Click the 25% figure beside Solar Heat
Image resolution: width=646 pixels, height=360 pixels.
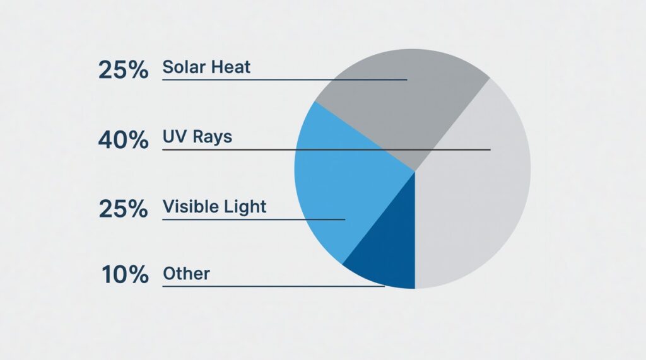[123, 69]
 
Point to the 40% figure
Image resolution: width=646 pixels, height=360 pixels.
[123, 139]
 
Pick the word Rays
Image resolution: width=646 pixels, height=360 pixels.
[213, 137]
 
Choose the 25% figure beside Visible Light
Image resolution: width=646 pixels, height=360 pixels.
[123, 209]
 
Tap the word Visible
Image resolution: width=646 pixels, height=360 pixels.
[188, 206]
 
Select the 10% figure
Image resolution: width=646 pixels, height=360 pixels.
[125, 275]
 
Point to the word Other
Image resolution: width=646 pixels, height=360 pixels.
[186, 274]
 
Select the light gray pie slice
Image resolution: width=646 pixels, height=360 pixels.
[474, 185]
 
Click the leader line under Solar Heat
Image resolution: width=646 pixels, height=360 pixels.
[285, 79]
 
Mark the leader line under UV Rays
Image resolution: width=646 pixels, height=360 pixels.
[326, 149]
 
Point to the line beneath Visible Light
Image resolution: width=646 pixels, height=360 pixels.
[254, 219]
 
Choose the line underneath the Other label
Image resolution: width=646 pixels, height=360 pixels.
[274, 286]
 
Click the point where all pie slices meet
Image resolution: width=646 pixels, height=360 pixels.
[415, 171]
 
